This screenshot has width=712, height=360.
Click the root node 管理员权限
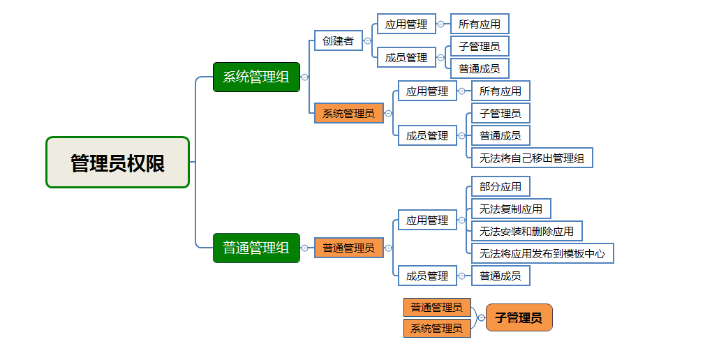117,163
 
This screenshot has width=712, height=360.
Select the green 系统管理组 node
256,77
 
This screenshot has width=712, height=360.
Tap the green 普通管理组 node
256,248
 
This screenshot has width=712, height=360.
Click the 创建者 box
338,40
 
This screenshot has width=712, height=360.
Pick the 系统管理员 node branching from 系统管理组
348,113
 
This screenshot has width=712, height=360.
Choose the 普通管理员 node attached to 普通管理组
348,248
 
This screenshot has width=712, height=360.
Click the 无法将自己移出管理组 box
532,158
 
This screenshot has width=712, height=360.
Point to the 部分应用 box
500,186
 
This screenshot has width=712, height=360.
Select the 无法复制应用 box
511,209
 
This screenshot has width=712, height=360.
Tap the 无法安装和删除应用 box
526,231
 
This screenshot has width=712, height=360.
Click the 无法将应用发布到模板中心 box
542,253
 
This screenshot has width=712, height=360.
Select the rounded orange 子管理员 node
519,317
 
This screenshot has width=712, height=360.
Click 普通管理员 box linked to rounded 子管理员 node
436,307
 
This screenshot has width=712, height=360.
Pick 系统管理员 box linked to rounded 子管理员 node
436,328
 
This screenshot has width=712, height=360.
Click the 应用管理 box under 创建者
406,24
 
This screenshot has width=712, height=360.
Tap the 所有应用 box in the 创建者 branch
480,24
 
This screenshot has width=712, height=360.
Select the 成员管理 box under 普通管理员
427,276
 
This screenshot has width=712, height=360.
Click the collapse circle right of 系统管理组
305,77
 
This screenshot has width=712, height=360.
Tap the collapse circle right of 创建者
368,40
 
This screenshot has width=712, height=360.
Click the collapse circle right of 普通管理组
305,248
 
